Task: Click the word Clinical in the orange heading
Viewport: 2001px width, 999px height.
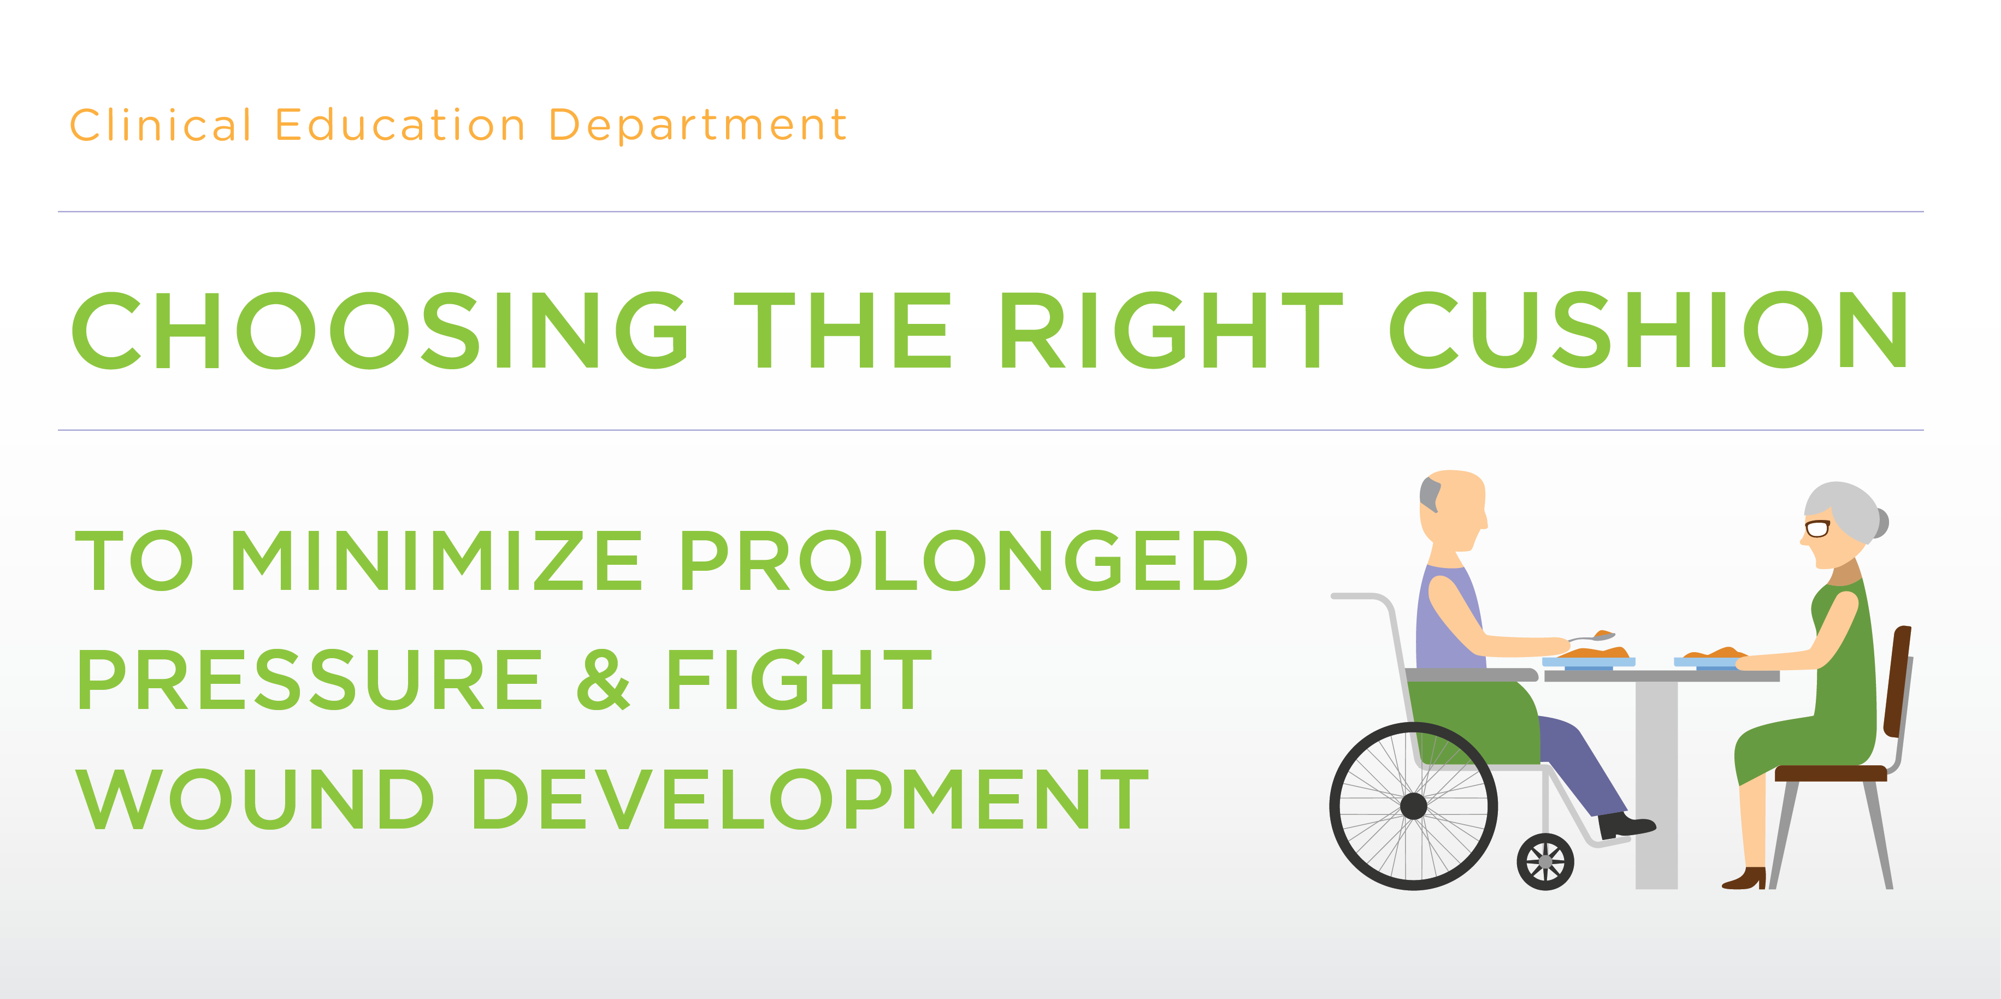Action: tap(161, 125)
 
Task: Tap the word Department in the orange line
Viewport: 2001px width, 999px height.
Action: tap(697, 125)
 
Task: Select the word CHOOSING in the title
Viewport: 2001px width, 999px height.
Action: tap(379, 329)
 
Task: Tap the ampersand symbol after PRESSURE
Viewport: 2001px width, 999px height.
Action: tap(604, 679)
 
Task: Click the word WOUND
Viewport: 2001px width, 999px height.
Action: tap(254, 799)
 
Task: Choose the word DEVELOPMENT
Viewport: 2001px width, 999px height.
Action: tap(810, 799)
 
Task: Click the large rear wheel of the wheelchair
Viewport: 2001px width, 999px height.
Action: tap(1413, 806)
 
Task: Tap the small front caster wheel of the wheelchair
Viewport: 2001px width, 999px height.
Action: tap(1545, 861)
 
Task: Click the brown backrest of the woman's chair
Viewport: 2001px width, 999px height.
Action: tap(1898, 681)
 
